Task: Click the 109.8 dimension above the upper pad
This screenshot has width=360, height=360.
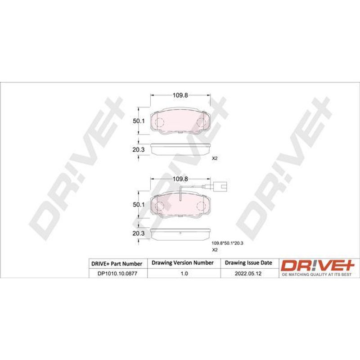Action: (180, 95)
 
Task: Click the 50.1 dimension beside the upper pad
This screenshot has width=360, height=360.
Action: (139, 121)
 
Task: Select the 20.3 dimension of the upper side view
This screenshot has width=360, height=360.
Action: (139, 150)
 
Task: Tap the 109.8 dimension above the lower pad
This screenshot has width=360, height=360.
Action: (180, 179)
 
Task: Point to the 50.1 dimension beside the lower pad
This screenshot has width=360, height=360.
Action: (139, 205)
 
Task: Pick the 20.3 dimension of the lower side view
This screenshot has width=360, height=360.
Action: (139, 233)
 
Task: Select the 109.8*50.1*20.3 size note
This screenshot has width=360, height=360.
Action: (227, 243)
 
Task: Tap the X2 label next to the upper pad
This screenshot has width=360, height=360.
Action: (215, 158)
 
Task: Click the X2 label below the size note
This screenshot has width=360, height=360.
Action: (215, 250)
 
